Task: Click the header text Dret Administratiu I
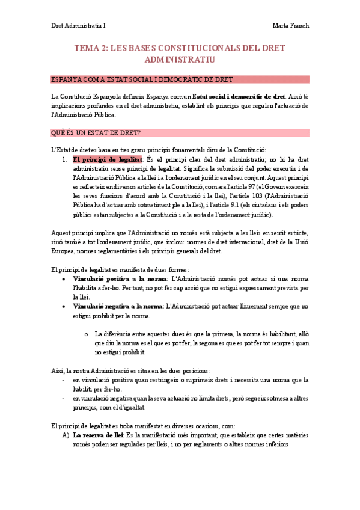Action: point(77,25)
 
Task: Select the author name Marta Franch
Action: point(290,25)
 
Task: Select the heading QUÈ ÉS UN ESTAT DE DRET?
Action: point(96,132)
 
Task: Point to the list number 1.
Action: point(64,159)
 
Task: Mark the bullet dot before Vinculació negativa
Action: point(65,307)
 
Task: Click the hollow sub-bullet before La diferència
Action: point(87,334)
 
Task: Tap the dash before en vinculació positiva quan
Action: point(64,380)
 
